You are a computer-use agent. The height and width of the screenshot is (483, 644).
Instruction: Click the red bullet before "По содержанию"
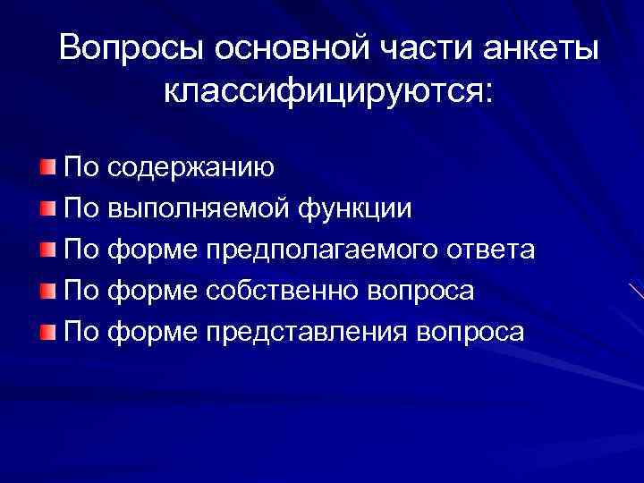[48, 167]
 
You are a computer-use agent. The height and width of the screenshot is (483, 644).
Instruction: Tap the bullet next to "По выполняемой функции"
[48, 208]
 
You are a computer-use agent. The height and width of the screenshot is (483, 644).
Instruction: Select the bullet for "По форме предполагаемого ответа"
[48, 250]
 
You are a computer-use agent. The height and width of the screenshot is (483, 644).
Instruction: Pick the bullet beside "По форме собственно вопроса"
[48, 292]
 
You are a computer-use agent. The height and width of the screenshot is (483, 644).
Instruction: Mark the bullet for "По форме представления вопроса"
[48, 333]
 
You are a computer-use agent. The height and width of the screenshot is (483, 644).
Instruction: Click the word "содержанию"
[192, 168]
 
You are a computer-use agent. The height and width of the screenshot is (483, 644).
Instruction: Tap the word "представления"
[308, 333]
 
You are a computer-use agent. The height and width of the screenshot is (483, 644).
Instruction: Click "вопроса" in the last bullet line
[470, 333]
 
